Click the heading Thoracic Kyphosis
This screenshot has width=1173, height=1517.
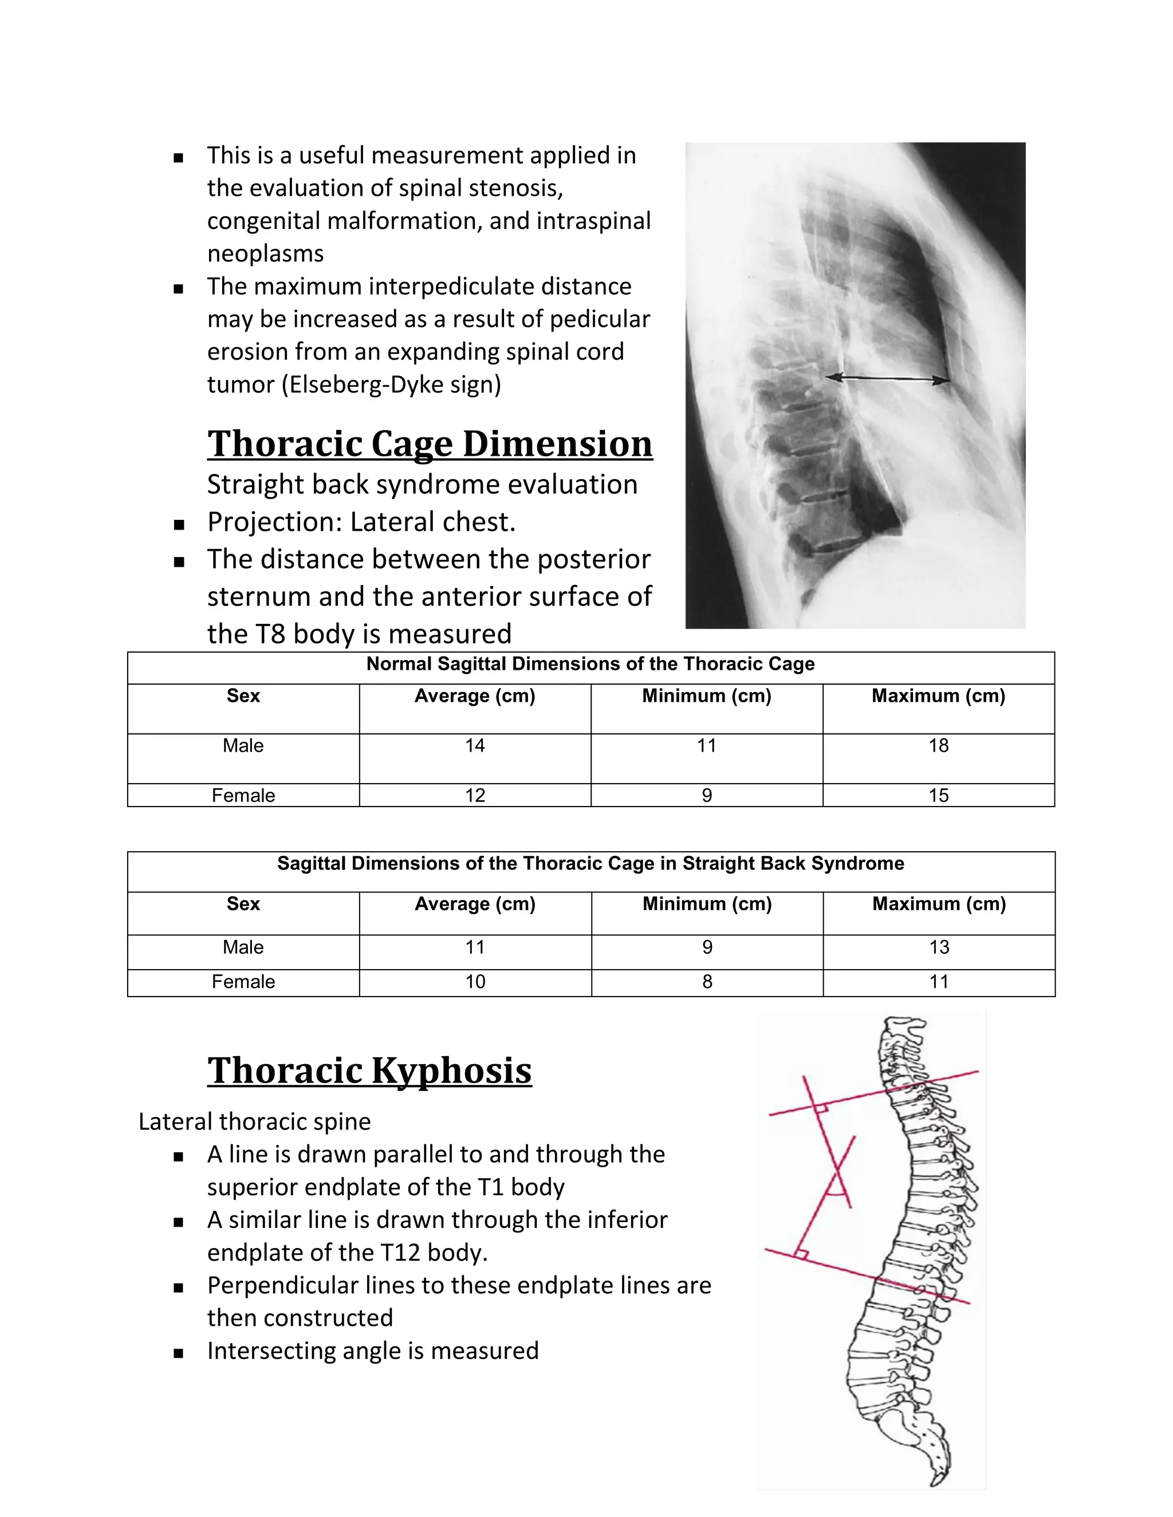(369, 1070)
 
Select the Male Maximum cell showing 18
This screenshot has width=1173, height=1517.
(938, 746)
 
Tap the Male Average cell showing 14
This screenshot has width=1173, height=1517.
(475, 746)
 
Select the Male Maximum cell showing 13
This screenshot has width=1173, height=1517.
(939, 947)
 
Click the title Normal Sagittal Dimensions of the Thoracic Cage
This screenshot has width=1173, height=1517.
(590, 664)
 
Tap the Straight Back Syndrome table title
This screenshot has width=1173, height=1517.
(590, 863)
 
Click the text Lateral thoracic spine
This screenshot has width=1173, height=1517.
(254, 1122)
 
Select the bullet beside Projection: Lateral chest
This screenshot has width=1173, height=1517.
(179, 525)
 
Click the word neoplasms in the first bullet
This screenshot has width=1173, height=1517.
(265, 254)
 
